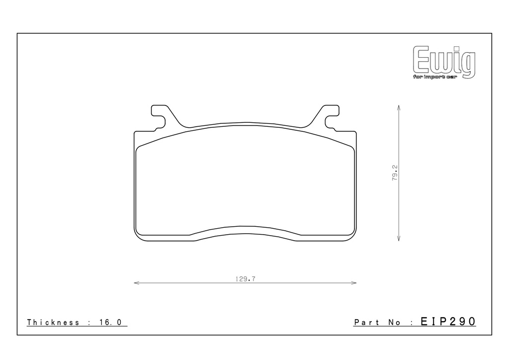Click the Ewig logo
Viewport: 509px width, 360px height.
tap(444, 62)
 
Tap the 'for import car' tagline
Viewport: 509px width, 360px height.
tap(434, 77)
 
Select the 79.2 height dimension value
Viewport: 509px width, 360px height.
tap(395, 173)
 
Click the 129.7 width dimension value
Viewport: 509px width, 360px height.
tap(245, 279)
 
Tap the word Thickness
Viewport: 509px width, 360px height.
tap(53, 322)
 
